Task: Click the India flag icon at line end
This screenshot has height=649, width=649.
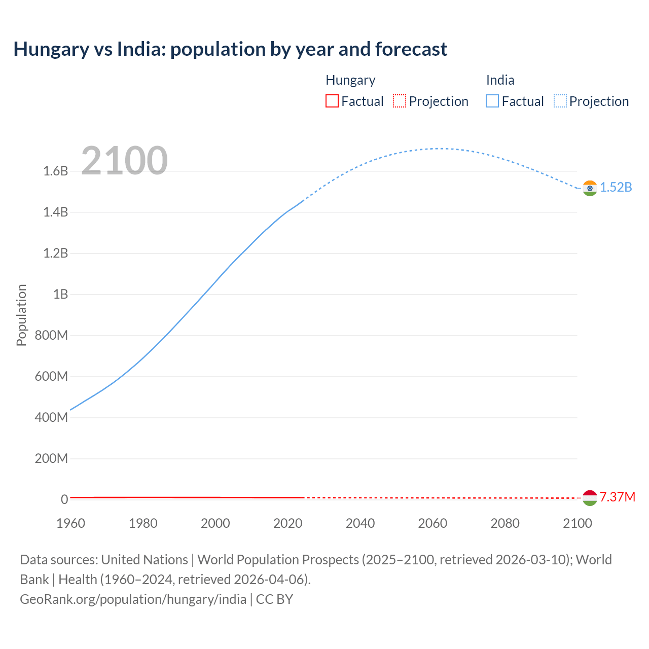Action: pos(589,188)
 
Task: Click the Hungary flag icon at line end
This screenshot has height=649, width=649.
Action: pos(589,498)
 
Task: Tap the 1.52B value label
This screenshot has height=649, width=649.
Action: pos(616,188)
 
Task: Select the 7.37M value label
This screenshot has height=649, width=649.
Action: pos(617,497)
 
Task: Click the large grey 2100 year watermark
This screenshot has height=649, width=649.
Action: pos(124,161)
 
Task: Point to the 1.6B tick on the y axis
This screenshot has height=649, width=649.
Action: pos(56,171)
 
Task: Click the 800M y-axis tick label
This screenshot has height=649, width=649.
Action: pos(51,336)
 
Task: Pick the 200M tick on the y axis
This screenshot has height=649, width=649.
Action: pos(51,459)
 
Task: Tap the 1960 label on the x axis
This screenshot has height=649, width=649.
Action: pos(70,523)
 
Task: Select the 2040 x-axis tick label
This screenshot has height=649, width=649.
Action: pos(360,523)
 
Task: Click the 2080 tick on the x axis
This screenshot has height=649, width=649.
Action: pos(505,523)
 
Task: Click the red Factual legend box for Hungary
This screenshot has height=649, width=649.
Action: pos(332,101)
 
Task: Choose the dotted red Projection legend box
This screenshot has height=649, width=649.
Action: pos(400,101)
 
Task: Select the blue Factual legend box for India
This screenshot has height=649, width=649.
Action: pos(492,101)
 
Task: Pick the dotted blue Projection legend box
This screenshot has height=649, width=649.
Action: pos(560,101)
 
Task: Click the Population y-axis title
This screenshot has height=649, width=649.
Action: pos(21,315)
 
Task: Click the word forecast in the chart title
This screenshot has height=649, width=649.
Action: pos(411,49)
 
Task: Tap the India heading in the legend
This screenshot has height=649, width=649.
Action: pos(500,80)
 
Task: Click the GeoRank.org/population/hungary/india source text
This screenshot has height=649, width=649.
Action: pos(133,599)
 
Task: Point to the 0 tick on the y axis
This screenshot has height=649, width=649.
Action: pos(64,499)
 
